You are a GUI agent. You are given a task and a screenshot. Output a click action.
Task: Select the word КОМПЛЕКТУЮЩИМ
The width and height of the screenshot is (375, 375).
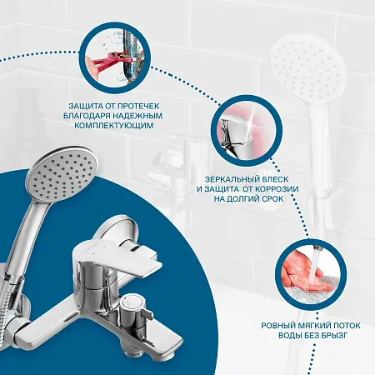114,126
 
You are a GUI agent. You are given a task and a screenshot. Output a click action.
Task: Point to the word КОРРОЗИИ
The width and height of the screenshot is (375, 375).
277,189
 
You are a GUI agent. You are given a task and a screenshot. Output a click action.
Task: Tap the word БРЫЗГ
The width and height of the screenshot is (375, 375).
334,335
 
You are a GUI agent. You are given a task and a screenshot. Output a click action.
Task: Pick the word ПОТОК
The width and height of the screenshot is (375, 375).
347,325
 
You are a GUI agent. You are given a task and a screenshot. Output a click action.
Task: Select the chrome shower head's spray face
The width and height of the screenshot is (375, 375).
62,174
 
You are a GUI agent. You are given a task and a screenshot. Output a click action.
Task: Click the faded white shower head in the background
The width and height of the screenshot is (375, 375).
308,66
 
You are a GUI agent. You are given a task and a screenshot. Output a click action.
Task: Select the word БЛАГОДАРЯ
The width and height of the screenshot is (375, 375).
86,116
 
